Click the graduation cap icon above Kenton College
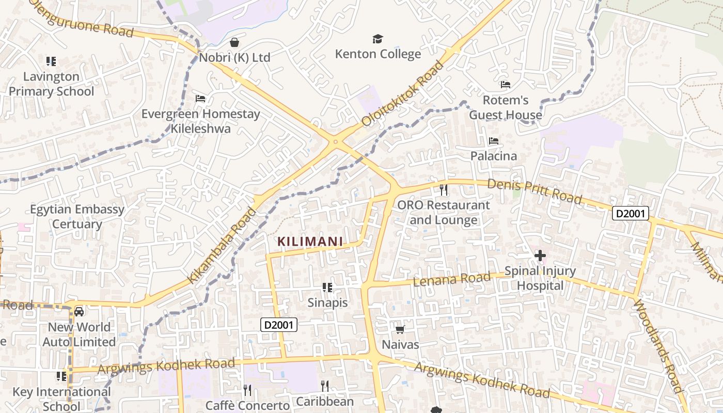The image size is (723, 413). click(378, 39)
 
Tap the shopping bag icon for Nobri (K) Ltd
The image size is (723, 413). click(234, 42)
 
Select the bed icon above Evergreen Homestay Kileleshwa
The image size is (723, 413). click(200, 99)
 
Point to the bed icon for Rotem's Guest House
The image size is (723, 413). click(505, 85)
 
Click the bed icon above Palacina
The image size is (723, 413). click(494, 141)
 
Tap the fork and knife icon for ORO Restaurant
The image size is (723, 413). click(443, 190)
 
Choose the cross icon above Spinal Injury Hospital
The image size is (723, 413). click(540, 256)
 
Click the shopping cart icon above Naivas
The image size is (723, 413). click(400, 329)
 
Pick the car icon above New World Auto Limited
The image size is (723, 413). click(79, 312)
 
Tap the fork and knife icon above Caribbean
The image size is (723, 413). click(325, 386)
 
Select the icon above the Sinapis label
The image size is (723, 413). click(327, 288)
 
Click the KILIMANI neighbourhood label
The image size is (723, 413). click(310, 241)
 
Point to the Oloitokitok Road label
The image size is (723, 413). click(403, 93)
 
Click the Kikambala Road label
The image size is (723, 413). click(222, 245)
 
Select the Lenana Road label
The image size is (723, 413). click(452, 279)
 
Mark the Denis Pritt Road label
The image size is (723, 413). click(535, 191)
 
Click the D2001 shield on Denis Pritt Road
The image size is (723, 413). click(630, 213)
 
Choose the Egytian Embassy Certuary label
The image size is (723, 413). click(77, 217)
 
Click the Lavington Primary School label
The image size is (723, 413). click(51, 84)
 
